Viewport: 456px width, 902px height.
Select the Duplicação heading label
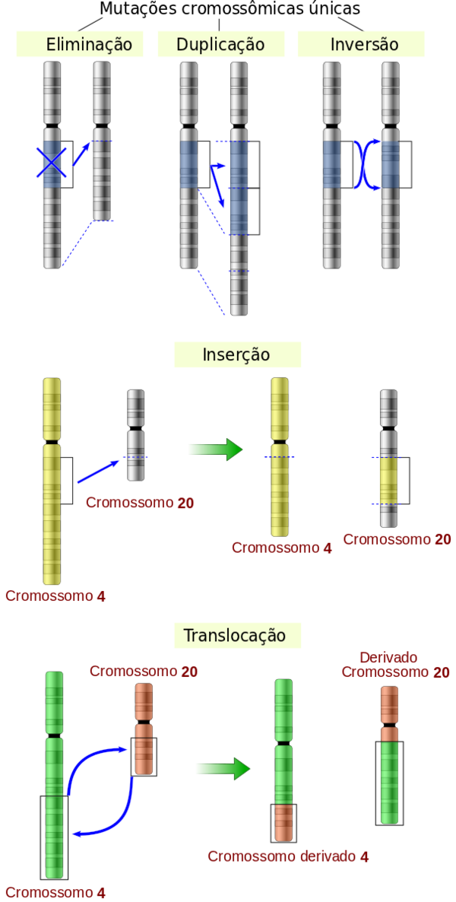220,45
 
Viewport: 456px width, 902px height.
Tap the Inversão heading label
364,45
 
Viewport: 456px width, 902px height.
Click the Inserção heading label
236,355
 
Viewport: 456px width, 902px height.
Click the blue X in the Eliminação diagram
52,163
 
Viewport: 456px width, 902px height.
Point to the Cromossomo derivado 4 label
289,856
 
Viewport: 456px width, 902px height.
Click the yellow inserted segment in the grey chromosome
388,479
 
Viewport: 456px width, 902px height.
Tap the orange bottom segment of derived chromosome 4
283,822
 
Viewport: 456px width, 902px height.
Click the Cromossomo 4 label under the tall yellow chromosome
55,596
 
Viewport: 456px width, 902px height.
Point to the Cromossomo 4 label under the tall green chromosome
55,893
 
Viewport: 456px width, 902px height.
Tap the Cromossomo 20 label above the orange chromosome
143,672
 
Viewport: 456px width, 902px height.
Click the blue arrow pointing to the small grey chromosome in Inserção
98,472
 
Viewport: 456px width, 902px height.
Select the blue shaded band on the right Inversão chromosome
390,164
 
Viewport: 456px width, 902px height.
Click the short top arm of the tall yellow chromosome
52,408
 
